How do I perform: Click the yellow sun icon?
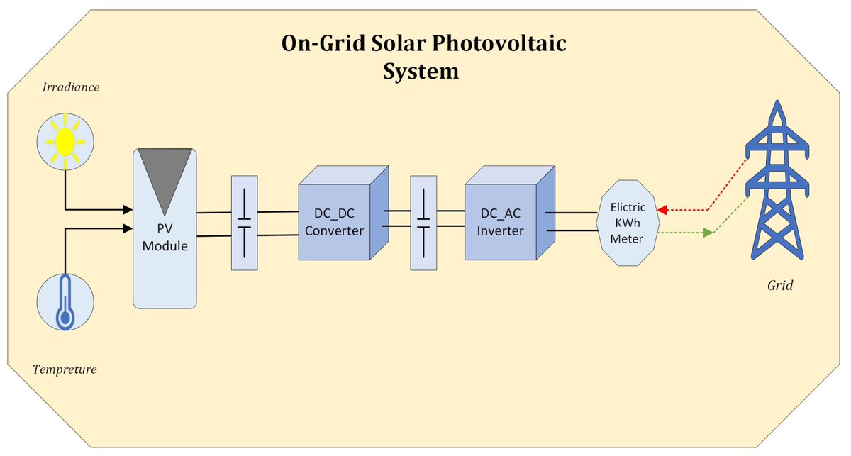(65, 142)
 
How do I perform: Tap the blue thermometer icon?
(65, 303)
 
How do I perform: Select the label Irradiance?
(71, 88)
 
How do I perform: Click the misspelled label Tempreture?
(65, 369)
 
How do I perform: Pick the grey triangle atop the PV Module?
(165, 177)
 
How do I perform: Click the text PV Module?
(165, 238)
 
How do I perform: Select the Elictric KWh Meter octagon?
(628, 223)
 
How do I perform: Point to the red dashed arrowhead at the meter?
(662, 211)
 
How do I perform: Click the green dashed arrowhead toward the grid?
(707, 233)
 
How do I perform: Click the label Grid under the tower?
(780, 286)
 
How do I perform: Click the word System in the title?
(421, 72)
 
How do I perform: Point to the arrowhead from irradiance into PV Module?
(128, 209)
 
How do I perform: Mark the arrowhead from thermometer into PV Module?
(128, 228)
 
